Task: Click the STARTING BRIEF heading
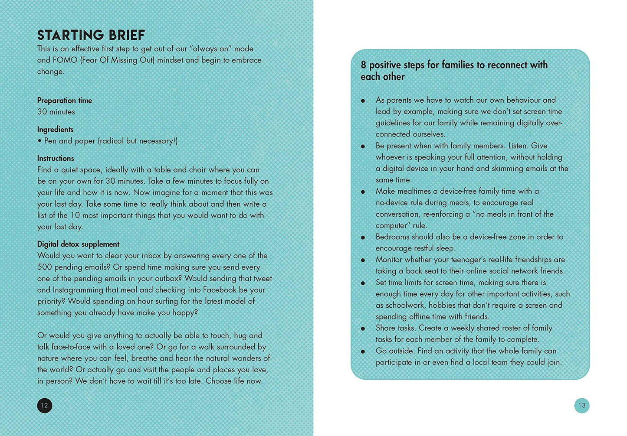coord(91,35)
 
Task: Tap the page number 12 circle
coord(44,406)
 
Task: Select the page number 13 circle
coord(581,406)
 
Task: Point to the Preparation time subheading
coord(65,101)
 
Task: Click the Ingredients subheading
coord(55,130)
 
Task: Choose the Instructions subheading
coord(56,158)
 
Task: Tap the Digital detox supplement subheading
coord(78,244)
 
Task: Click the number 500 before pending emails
coord(45,267)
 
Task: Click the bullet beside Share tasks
coord(363,329)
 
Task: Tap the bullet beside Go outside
coord(363,351)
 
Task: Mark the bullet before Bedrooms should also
coord(363,238)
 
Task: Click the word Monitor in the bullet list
coord(389,260)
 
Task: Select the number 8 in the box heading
coord(364,65)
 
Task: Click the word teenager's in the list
coord(463,260)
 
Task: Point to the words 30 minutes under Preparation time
coord(56,112)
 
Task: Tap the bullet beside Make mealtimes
coord(363,192)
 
